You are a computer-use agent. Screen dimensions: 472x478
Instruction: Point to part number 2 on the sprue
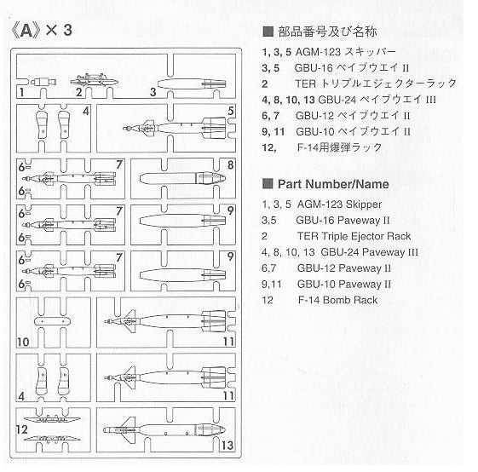[x=78, y=91]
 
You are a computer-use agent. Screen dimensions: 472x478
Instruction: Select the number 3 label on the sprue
[x=152, y=91]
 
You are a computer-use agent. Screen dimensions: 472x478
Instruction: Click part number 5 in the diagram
[x=230, y=112]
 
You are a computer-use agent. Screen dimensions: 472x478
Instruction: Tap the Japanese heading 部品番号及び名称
[x=326, y=32]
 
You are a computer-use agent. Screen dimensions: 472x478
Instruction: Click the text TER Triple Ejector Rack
[x=354, y=236]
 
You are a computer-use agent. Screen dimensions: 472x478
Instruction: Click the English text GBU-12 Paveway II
[x=344, y=268]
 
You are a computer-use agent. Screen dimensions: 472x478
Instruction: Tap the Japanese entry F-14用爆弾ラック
[x=341, y=147]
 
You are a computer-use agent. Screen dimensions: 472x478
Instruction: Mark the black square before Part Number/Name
[x=267, y=184]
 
